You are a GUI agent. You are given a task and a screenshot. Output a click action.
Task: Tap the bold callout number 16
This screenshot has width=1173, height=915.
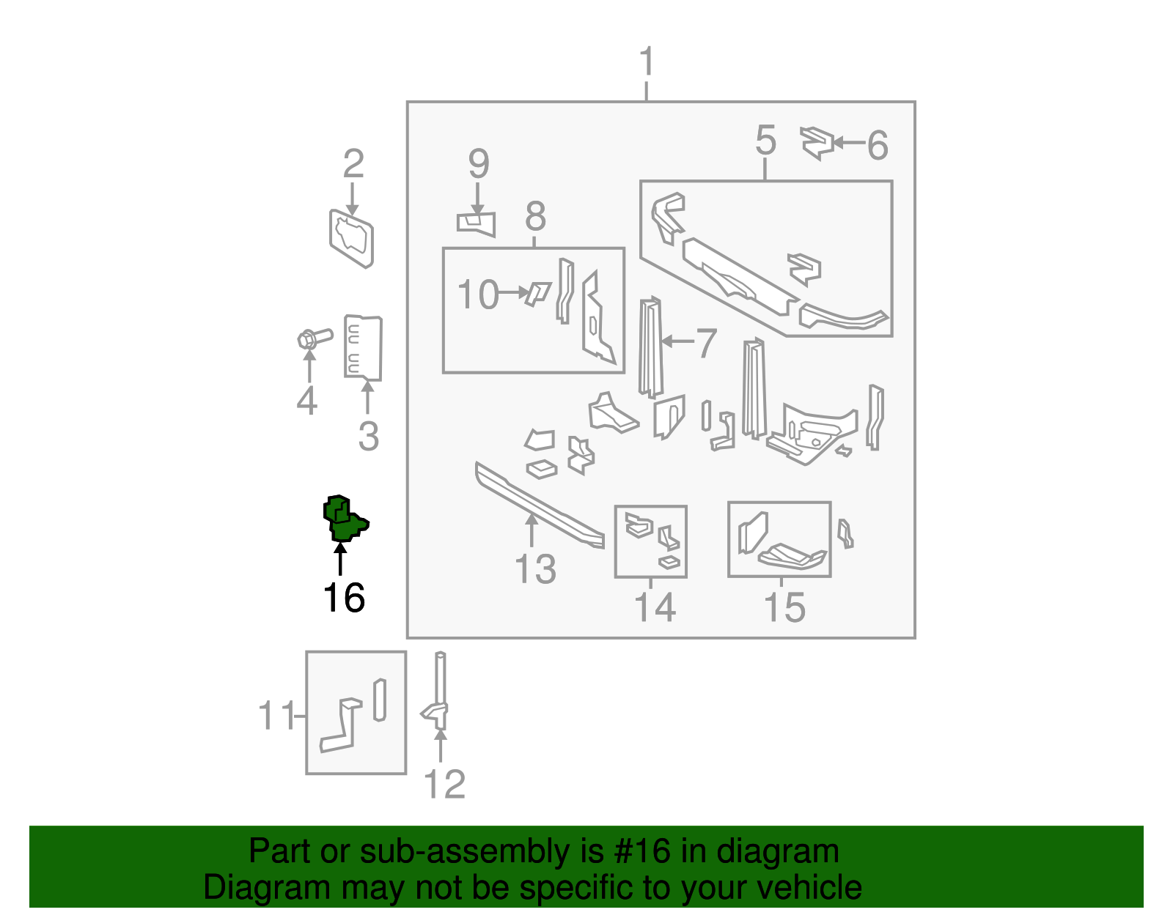pos(344,598)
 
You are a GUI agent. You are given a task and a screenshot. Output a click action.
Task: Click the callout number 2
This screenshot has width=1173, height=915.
pos(353,163)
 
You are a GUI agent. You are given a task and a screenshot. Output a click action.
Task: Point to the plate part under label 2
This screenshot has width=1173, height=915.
pos(352,238)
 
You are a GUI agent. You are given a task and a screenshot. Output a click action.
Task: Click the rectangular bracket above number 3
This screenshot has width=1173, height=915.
pos(363,348)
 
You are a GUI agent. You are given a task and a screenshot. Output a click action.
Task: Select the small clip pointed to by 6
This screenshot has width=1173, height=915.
pos(817,142)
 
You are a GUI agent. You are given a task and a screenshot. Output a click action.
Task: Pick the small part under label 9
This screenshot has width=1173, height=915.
pos(477,221)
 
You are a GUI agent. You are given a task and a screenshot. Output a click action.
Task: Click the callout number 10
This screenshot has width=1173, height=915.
pos(477,294)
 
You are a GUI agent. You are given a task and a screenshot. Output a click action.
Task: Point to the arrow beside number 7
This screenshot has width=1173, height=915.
pos(677,341)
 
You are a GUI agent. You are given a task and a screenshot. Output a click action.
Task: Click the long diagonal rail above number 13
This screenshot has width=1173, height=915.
pos(539,505)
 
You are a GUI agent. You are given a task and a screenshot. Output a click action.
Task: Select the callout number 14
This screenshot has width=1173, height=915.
pos(654,607)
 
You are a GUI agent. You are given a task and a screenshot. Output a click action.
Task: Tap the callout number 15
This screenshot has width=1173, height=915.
pos(784,607)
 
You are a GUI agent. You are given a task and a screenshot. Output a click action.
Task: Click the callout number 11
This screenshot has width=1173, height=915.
pos(276,715)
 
